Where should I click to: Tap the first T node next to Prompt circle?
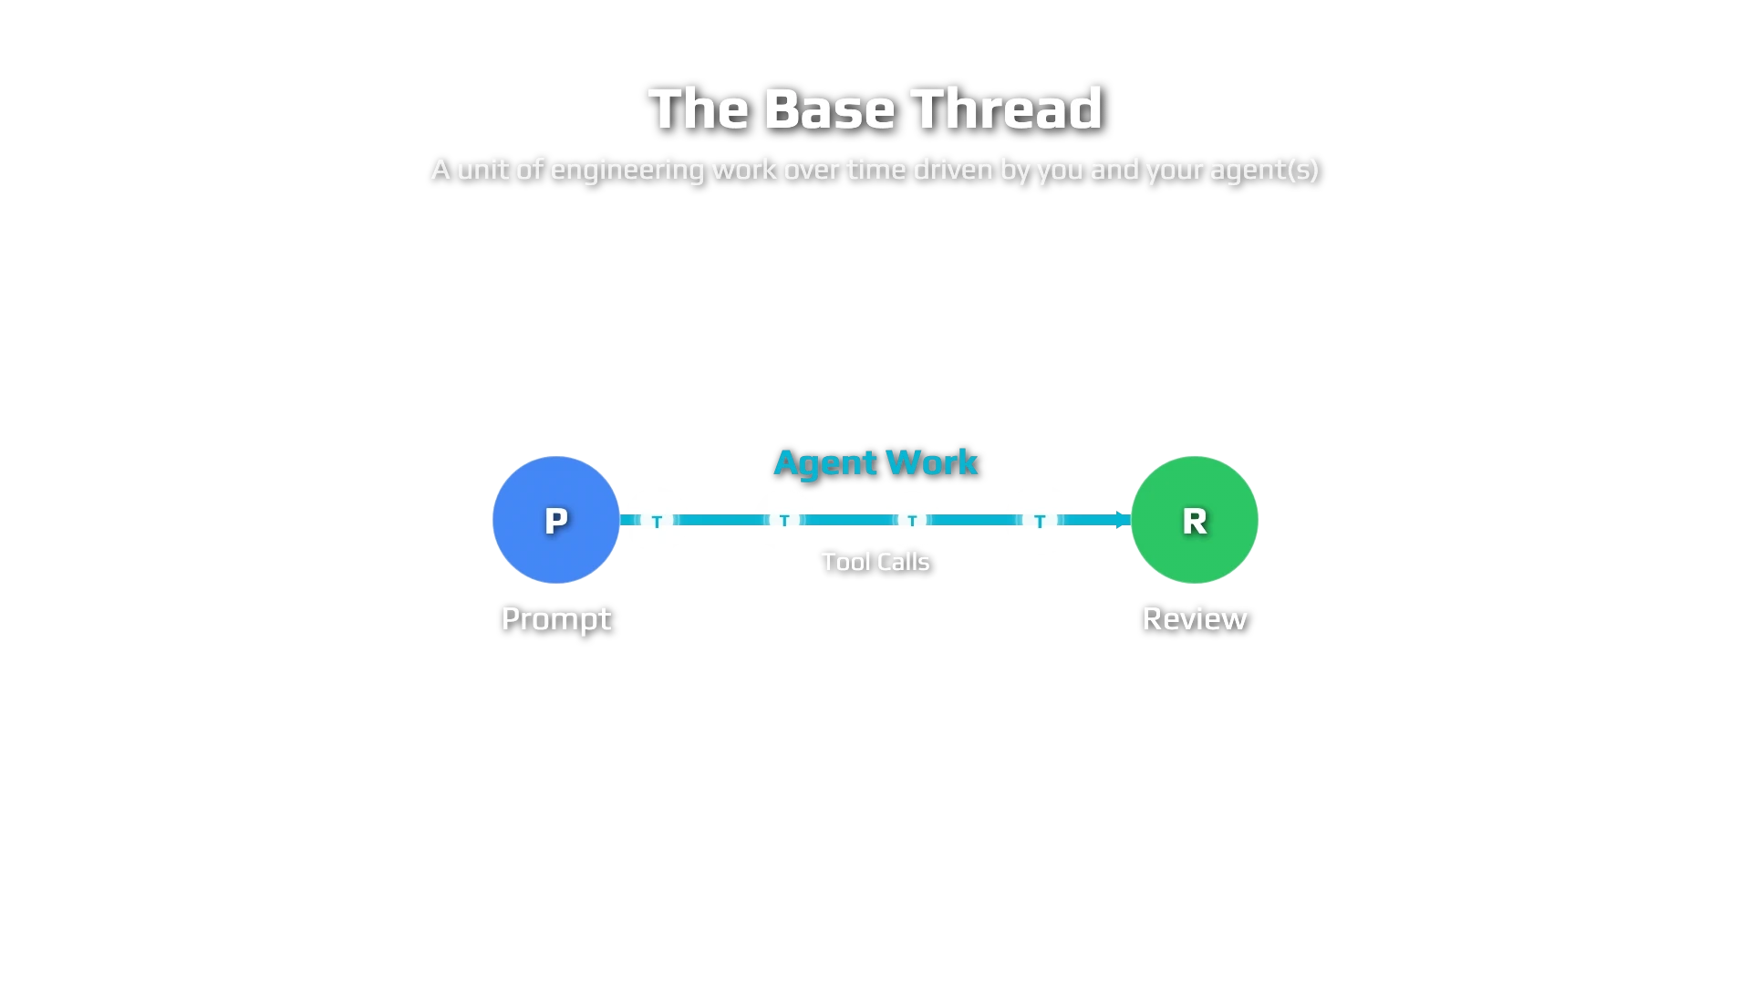click(657, 522)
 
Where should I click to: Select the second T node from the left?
click(784, 522)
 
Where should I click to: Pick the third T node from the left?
click(912, 522)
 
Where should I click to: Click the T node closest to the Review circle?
click(1040, 522)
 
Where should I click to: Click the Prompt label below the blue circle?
click(556, 619)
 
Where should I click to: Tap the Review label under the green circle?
click(1195, 619)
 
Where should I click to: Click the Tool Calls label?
click(875, 562)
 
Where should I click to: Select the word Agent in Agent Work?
click(825, 463)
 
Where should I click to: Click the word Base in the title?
click(830, 109)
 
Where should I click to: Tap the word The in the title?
click(699, 109)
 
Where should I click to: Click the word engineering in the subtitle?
click(627, 171)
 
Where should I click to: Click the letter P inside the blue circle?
click(556, 522)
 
